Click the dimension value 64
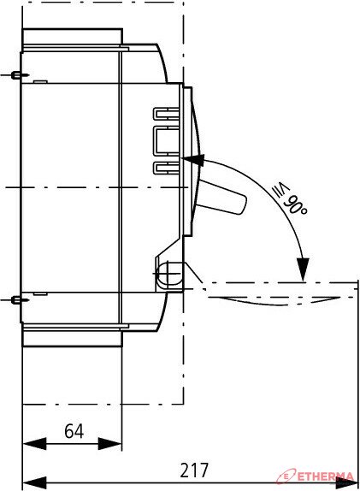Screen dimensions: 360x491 click(74, 431)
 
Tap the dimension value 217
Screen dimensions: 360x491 click(194, 470)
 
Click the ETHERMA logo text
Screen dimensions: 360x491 click(326, 477)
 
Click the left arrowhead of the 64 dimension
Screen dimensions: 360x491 click(34, 443)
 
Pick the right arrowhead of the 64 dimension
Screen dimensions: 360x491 click(109, 443)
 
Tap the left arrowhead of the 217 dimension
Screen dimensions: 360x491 click(34, 482)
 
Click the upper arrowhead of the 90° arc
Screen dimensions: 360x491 click(193, 159)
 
